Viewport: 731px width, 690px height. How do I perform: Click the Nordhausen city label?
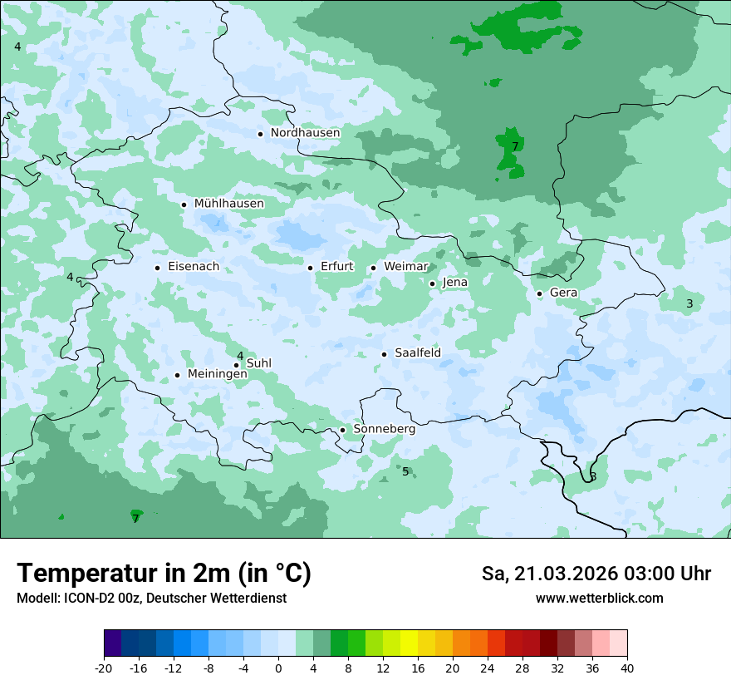pos(305,133)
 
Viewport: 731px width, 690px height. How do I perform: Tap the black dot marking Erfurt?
pos(310,268)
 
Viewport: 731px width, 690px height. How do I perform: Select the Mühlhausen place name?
pos(228,204)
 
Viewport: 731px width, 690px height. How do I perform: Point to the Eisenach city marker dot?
pos(157,268)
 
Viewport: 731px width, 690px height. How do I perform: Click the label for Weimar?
pos(405,267)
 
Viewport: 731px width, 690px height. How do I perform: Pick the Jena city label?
pos(454,283)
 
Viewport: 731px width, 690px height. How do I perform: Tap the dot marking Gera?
pos(539,293)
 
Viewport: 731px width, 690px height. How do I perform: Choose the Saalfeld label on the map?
pos(417,353)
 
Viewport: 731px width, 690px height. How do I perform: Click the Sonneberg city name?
pos(384,430)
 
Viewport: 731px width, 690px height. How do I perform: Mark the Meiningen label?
pos(217,374)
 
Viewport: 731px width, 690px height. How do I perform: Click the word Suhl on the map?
pos(259,363)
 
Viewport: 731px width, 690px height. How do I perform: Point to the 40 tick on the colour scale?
pos(627,668)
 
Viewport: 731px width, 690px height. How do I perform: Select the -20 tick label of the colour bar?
pos(104,668)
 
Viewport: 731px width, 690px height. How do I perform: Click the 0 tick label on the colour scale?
pos(278,668)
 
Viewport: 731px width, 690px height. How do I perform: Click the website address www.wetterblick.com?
pos(599,598)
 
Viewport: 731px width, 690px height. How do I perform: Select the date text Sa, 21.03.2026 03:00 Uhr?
pos(596,574)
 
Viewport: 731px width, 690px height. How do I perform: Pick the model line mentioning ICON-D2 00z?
pos(151,598)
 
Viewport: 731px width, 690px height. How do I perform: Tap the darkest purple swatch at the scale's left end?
pos(112,643)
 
